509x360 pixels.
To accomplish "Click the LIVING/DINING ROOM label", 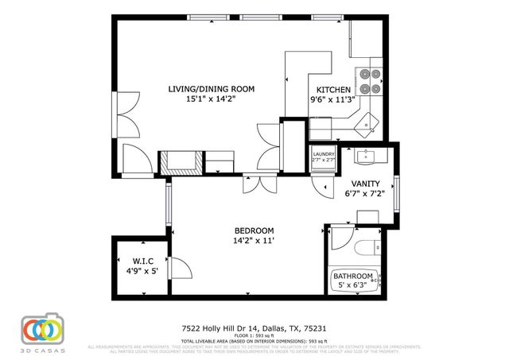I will click(211, 89).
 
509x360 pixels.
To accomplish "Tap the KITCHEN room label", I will click(332, 90).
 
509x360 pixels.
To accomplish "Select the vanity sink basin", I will click(367, 155).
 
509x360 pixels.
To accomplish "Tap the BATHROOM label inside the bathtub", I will click(352, 276).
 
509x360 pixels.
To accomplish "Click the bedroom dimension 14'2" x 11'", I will click(254, 239).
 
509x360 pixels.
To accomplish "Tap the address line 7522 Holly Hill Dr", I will click(254, 327).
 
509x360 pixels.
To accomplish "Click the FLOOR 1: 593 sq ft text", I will click(254, 336).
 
